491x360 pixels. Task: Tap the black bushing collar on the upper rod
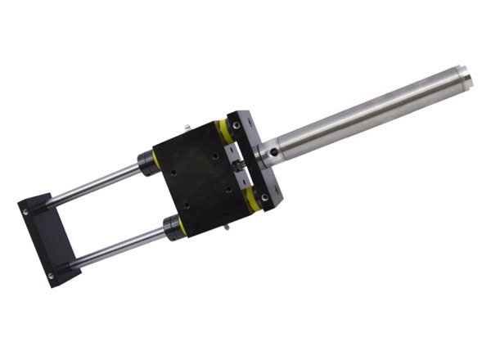(x=148, y=161)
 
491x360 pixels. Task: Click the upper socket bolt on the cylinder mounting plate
(x=236, y=126)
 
